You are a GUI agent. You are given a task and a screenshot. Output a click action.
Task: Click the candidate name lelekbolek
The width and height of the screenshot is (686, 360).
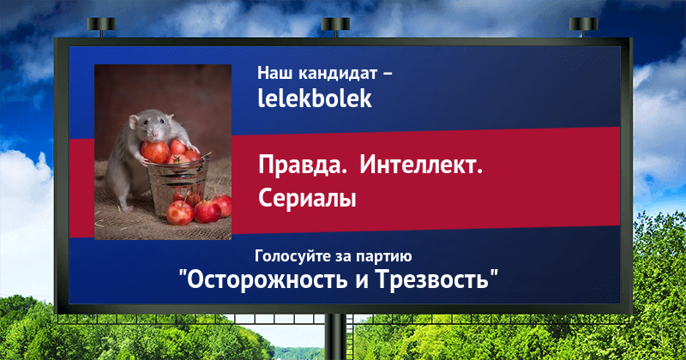coord(315,99)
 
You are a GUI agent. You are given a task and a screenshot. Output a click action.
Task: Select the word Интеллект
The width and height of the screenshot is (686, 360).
coord(421,165)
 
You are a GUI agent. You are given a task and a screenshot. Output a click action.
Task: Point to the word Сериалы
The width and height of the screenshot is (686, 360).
coord(307,198)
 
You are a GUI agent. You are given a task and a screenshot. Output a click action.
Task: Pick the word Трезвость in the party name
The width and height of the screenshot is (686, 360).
coord(432,279)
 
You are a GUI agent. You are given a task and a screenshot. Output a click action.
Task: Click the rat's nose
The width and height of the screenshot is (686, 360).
coord(153,134)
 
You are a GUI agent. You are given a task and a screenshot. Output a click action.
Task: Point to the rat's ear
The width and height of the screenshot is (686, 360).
coord(133,122)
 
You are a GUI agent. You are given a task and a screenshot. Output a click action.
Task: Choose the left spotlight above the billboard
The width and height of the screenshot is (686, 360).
coord(101,27)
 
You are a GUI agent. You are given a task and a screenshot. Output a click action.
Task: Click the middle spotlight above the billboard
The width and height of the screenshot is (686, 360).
coord(335,27)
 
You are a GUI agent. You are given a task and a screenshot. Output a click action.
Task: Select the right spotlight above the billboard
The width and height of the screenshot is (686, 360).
coord(583,27)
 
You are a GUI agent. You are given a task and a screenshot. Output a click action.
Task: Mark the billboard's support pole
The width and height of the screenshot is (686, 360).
coord(336,337)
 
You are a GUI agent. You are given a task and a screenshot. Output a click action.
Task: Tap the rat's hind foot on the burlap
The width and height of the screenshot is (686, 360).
coord(126,207)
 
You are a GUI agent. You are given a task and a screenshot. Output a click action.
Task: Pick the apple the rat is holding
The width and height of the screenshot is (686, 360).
coord(155,152)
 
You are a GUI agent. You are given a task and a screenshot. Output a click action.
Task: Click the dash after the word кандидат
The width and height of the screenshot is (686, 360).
coord(388,74)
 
